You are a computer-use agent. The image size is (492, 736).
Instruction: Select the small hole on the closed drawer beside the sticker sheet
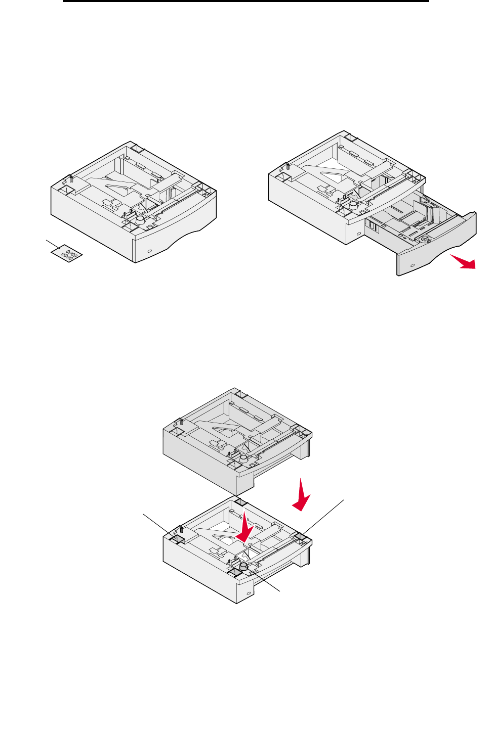coord(149,251)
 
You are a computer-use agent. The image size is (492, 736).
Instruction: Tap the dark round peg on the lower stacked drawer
coord(244,567)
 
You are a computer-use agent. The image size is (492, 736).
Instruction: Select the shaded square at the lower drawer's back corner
coord(239,502)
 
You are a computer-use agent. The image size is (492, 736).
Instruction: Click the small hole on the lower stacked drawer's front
coord(248,592)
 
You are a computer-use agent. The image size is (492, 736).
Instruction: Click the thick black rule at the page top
coord(246,1)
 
